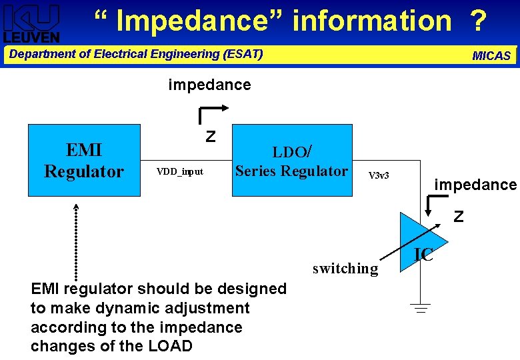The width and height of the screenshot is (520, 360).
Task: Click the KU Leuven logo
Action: pyautogui.click(x=31, y=23)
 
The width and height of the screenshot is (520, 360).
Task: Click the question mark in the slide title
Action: pyautogui.click(x=477, y=21)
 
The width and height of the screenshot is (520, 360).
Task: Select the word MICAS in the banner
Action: pyautogui.click(x=491, y=56)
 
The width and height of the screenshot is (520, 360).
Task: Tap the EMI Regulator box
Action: pyautogui.click(x=84, y=160)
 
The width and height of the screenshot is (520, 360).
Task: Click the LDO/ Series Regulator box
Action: pyautogui.click(x=291, y=160)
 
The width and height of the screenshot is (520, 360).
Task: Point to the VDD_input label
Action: pyautogui.click(x=179, y=172)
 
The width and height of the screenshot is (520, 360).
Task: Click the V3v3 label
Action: pyautogui.click(x=379, y=175)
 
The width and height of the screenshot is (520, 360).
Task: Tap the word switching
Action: pyautogui.click(x=345, y=269)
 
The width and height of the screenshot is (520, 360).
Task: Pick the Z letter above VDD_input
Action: pyautogui.click(x=211, y=137)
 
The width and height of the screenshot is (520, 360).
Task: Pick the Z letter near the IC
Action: pyautogui.click(x=458, y=217)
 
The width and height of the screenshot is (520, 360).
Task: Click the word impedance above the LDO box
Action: pyautogui.click(x=209, y=85)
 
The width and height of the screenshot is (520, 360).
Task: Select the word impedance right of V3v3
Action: pyautogui.click(x=475, y=185)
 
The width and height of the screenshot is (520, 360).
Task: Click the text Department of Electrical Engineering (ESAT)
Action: pyautogui.click(x=136, y=54)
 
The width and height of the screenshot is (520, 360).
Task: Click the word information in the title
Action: pyautogui.click(x=371, y=21)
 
